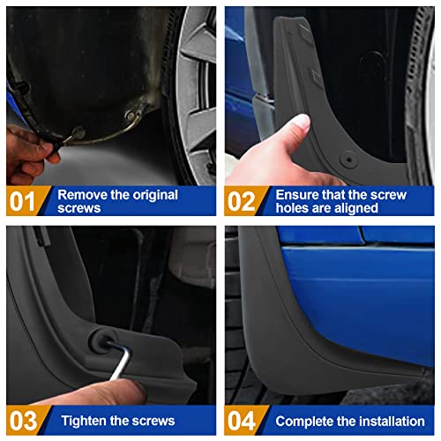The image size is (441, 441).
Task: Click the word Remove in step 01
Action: click(x=84, y=194)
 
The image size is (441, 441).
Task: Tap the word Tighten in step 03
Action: click(x=83, y=421)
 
